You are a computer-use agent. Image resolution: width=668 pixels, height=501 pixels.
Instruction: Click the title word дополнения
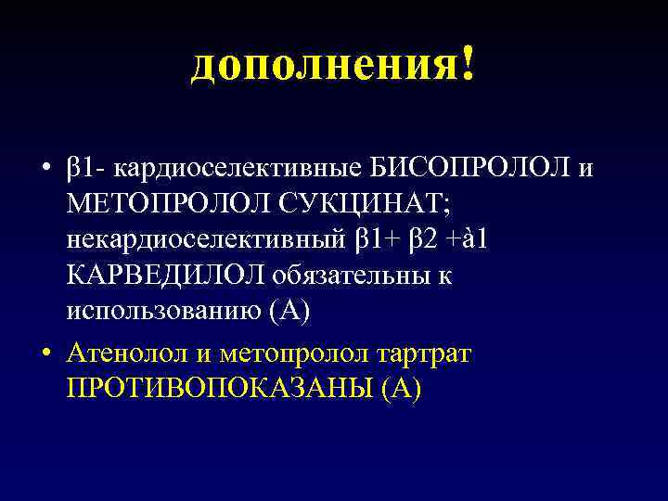(320, 65)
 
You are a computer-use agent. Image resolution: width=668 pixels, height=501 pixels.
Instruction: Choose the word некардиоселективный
(207, 240)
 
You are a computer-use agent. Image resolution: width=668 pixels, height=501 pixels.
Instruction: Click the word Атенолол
(128, 353)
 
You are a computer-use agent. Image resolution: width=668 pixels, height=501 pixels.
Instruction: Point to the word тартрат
(437, 353)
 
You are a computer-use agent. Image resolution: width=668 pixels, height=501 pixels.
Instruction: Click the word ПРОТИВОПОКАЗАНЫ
(219, 389)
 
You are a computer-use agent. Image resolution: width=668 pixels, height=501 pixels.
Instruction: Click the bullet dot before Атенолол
(45, 354)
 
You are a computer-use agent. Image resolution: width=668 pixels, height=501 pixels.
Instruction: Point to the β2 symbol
(419, 240)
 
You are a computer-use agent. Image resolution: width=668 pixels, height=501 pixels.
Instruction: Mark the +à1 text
(474, 240)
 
